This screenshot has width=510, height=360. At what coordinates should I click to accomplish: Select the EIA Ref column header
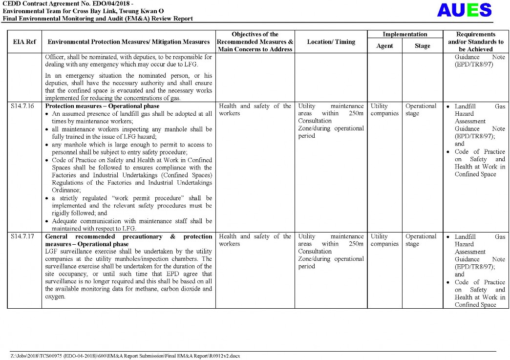point(24,42)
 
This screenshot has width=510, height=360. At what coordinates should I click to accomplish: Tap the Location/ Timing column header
point(331,42)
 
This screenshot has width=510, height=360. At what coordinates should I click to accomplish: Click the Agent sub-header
point(384,46)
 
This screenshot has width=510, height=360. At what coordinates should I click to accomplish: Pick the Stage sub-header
point(422,46)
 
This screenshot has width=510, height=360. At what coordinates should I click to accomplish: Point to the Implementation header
point(404,35)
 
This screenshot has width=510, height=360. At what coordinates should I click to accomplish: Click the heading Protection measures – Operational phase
point(102,106)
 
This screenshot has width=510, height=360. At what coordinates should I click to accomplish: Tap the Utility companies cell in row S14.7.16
point(384,110)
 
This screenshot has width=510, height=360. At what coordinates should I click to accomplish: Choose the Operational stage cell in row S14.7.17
point(421,240)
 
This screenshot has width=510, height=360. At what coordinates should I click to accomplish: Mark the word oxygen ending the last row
point(55,296)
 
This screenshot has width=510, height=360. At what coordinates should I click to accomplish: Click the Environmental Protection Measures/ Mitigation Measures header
point(128,42)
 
